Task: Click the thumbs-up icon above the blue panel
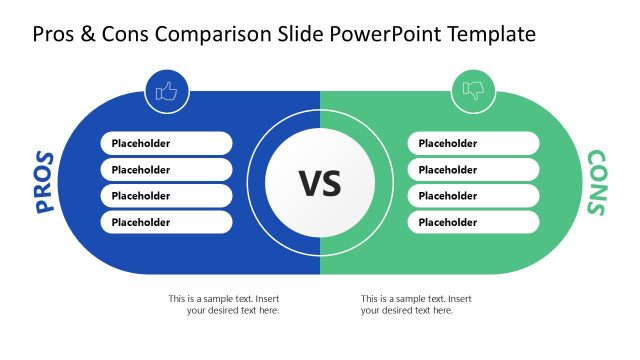click(166, 92)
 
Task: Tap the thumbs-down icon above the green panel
click(473, 92)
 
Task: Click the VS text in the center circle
click(320, 183)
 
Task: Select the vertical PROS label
click(44, 182)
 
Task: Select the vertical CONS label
click(596, 183)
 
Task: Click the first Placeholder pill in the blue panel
click(166, 143)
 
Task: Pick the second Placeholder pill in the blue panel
click(166, 170)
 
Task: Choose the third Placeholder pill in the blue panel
click(166, 196)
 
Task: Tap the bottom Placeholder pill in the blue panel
click(166, 222)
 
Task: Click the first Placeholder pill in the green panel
click(473, 143)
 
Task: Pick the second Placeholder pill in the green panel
click(473, 170)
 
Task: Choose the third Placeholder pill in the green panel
click(473, 196)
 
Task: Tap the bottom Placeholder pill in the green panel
click(473, 222)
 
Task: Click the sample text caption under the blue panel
click(225, 304)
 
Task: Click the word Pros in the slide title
click(55, 35)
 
